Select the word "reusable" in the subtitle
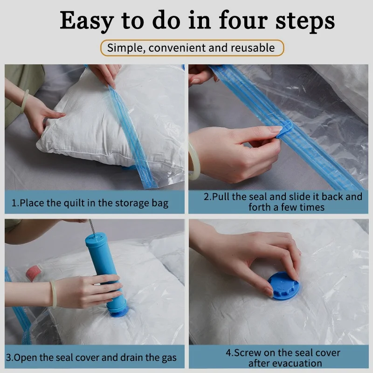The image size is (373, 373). click(x=253, y=48)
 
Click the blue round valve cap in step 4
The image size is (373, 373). click(x=283, y=285)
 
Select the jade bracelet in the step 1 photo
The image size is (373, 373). click(x=25, y=101)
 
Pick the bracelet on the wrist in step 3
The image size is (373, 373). click(x=54, y=294)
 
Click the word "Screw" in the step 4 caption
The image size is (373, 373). click(x=248, y=353)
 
